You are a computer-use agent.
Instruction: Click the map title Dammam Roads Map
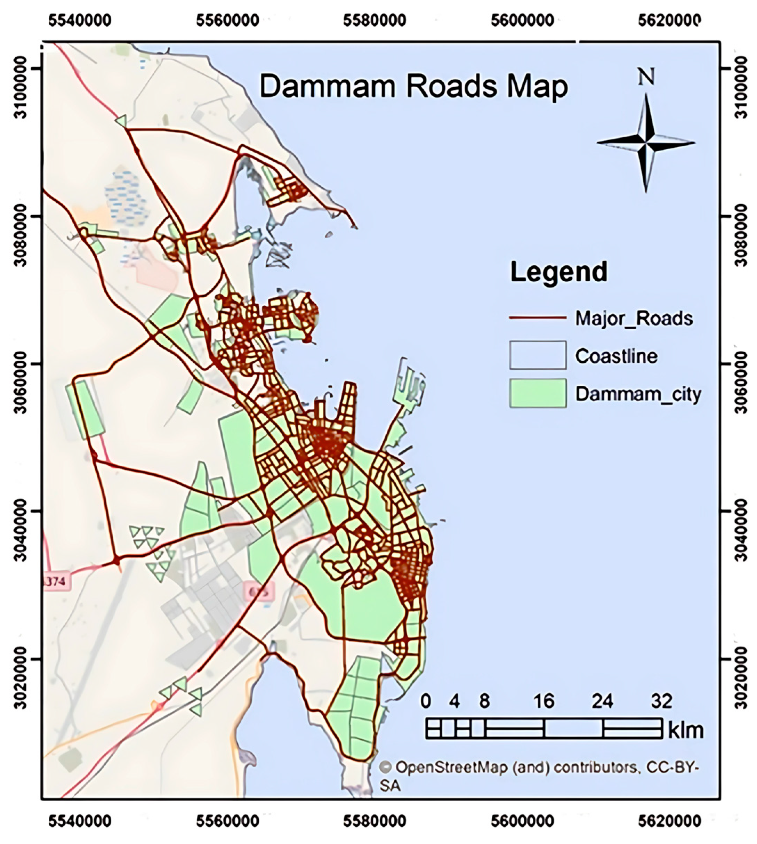(x=413, y=87)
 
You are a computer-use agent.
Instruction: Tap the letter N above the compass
(x=646, y=77)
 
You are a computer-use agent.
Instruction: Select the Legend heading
(x=558, y=272)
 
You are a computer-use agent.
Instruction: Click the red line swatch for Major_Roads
(x=537, y=318)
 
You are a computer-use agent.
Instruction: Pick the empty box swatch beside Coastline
(x=537, y=355)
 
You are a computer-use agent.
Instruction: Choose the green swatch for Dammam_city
(x=537, y=393)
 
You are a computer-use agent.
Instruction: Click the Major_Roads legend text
(x=634, y=319)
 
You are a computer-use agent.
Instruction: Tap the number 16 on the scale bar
(x=543, y=701)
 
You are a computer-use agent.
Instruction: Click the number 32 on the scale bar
(x=661, y=701)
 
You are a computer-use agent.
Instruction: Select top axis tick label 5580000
(x=375, y=20)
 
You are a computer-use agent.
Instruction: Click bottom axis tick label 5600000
(x=522, y=822)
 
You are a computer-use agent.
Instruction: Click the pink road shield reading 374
(x=57, y=581)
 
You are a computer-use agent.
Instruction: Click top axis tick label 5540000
(x=80, y=20)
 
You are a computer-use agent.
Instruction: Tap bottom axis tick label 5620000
(x=669, y=822)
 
